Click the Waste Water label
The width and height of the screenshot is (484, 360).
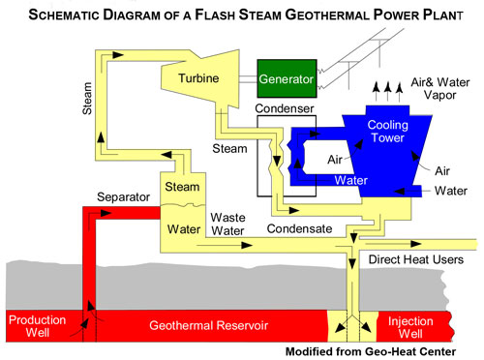pos(230,224)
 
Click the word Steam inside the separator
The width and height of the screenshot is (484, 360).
pos(181,186)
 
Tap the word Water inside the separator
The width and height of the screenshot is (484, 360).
pos(181,230)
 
